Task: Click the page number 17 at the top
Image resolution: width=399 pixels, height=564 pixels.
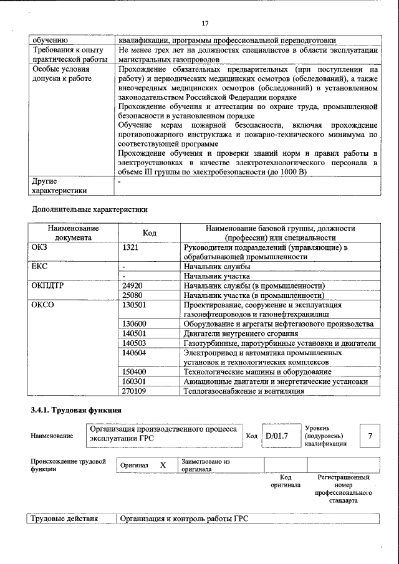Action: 204,23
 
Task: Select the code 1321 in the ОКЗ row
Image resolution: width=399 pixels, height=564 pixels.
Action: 132,248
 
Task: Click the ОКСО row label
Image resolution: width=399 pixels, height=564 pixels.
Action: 43,305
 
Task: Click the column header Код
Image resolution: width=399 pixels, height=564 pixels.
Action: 150,232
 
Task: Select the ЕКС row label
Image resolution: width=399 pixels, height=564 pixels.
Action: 39,267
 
